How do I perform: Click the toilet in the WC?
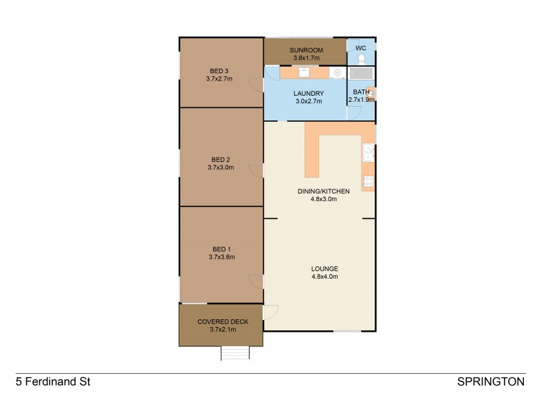(361, 59)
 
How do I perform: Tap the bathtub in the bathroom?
(361, 73)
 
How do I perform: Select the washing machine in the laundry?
(336, 72)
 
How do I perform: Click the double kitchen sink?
(369, 152)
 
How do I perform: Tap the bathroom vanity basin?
(371, 93)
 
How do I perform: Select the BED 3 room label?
(220, 70)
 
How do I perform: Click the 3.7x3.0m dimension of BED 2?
(221, 167)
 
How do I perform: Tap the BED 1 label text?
(221, 248)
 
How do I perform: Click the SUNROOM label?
(306, 50)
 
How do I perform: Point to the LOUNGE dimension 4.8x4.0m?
(324, 277)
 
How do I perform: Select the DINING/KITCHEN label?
(324, 191)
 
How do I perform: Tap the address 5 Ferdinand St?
(53, 381)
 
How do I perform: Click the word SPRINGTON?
(491, 381)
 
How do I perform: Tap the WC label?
(361, 47)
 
